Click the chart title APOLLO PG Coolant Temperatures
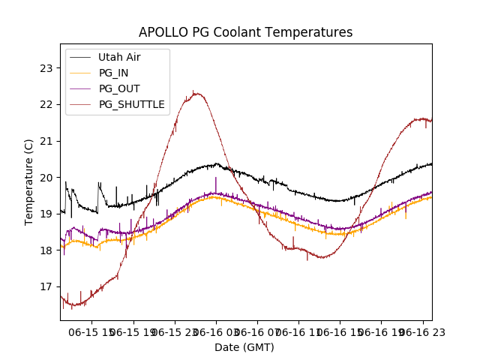click(x=245, y=33)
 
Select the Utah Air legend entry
click(x=119, y=57)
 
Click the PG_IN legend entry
click(x=113, y=73)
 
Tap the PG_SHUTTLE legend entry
click(x=131, y=104)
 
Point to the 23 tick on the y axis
click(x=46, y=68)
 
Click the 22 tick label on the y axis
click(x=46, y=104)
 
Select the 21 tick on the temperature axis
click(x=46, y=141)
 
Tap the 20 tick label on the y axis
click(x=46, y=178)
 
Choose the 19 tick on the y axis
click(x=46, y=214)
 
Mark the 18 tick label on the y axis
click(x=46, y=250)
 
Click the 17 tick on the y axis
click(x=46, y=286)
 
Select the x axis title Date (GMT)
click(x=244, y=347)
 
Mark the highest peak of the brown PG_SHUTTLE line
click(x=195, y=93)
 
